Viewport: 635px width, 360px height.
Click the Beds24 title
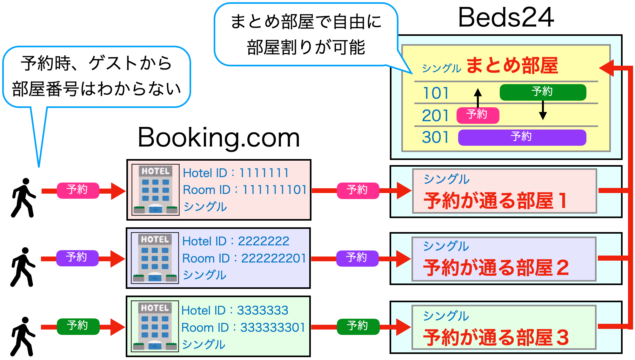tap(506, 17)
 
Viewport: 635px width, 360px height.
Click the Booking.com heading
tap(219, 138)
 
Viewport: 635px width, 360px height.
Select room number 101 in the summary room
tap(436, 93)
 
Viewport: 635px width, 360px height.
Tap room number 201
tap(435, 116)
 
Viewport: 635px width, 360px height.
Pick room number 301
tap(435, 137)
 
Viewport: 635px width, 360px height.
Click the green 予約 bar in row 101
tap(543, 92)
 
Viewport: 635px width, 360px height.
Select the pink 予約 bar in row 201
tap(478, 115)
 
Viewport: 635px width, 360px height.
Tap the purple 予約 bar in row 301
tap(522, 137)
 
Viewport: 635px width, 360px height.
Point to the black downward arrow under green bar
tap(543, 111)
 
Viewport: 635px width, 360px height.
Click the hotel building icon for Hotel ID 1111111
tap(156, 190)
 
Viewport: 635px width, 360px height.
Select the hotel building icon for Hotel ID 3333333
tap(155, 326)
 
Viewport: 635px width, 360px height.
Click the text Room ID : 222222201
tap(244, 258)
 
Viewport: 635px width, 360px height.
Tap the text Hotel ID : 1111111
tap(236, 173)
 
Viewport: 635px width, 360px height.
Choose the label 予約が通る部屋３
tap(496, 337)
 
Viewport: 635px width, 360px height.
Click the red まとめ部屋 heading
tap(512, 66)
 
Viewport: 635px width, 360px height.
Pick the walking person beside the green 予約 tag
tap(23, 337)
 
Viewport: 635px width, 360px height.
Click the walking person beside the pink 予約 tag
tap(23, 198)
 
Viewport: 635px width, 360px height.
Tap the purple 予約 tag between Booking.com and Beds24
tap(357, 258)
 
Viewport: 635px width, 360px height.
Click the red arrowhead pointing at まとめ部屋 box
tap(607, 68)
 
